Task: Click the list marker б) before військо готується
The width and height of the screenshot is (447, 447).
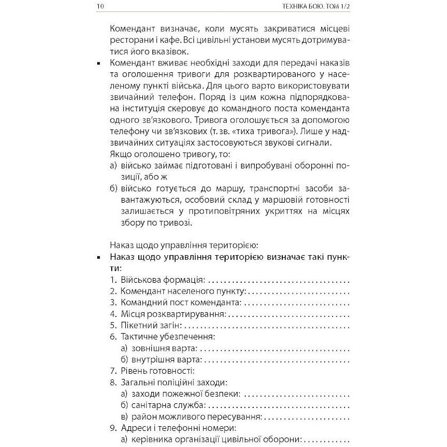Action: [x=114, y=188]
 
